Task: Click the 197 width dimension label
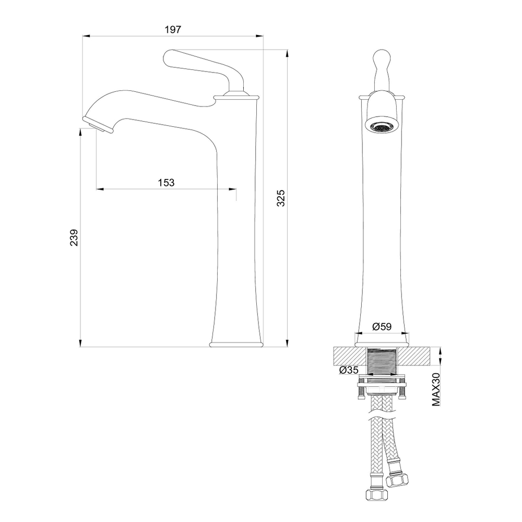173,30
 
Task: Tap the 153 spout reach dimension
166,182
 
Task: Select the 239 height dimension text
74,238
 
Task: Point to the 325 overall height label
281,198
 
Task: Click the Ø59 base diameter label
382,326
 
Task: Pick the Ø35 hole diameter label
349,370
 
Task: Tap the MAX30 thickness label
436,389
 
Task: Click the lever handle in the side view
203,67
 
